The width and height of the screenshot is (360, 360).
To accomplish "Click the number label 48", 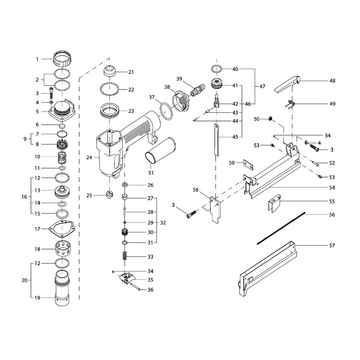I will pyautogui.click(x=332, y=81).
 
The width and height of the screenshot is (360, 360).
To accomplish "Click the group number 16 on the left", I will pyautogui.click(x=24, y=197).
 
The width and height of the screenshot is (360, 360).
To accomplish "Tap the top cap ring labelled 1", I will pyautogui.click(x=62, y=59).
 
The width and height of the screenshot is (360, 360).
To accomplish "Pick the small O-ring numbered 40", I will pyautogui.click(x=217, y=69).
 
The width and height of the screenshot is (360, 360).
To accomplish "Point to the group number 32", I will pyautogui.click(x=163, y=223).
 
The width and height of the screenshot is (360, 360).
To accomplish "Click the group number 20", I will pyautogui.click(x=24, y=280).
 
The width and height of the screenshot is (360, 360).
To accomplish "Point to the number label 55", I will pyautogui.click(x=332, y=201).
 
